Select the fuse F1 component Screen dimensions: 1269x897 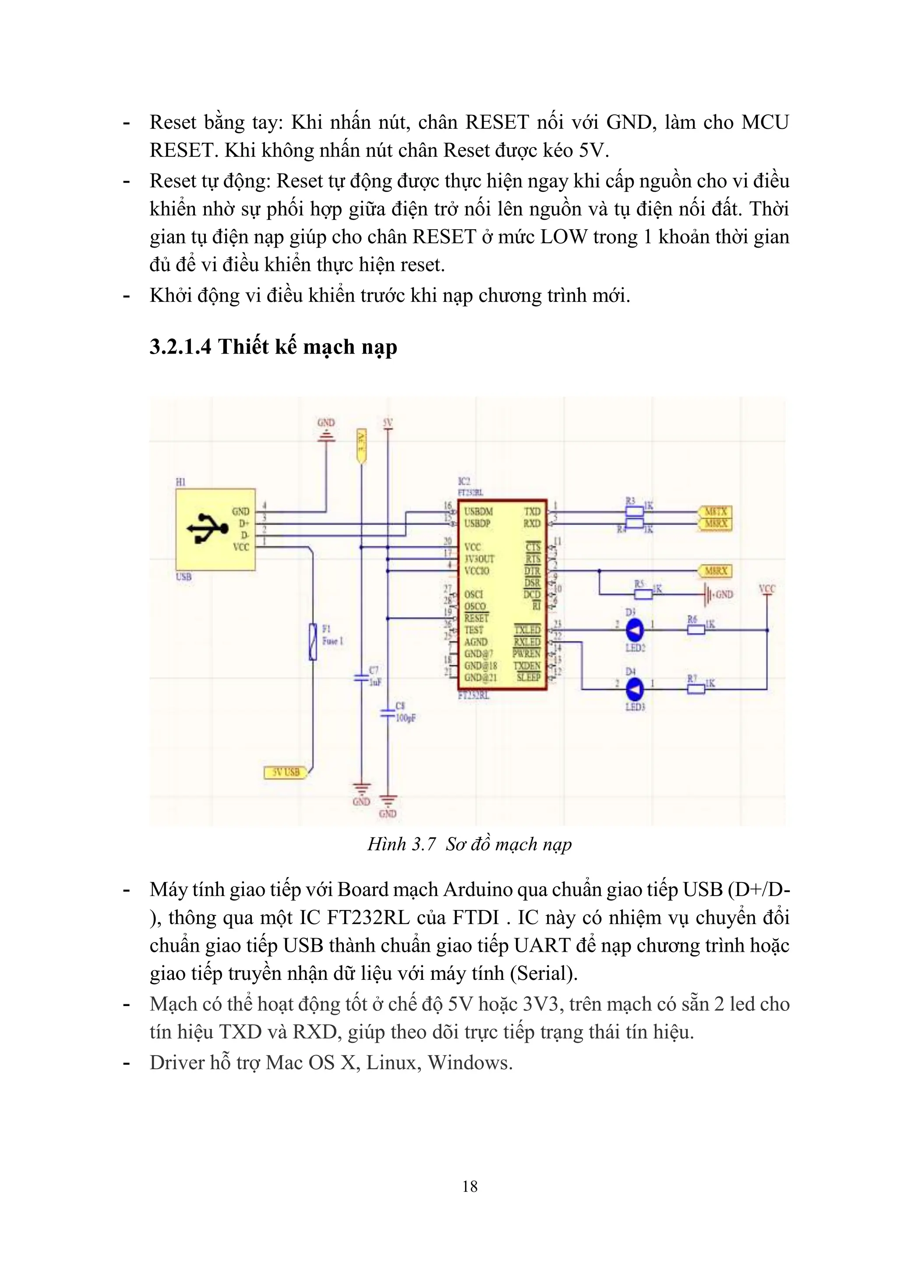pyautogui.click(x=313, y=641)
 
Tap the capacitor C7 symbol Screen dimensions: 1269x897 pyautogui.click(x=361, y=676)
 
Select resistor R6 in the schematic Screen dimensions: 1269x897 pyautogui.click(x=696, y=630)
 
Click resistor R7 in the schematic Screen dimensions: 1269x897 pyautogui.click(x=696, y=689)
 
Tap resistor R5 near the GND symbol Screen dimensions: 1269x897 pyautogui.click(x=643, y=594)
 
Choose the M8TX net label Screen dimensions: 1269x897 pyautogui.click(x=715, y=511)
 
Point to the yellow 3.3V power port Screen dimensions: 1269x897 pyautogui.click(x=361, y=446)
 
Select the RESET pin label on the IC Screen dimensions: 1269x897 pyautogui.click(x=476, y=618)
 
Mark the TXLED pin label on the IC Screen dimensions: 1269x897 pyautogui.click(x=527, y=630)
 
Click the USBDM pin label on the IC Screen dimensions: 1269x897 pyautogui.click(x=478, y=511)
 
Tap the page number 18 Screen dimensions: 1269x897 pyautogui.click(x=470, y=1186)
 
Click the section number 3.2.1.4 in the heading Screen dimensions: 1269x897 pyautogui.click(x=180, y=347)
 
